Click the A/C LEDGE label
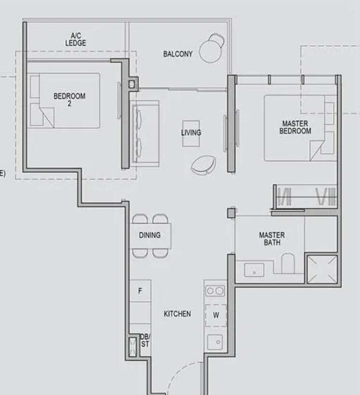(x=76, y=39)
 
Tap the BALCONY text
(x=178, y=54)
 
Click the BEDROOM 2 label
(x=69, y=100)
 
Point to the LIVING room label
(x=191, y=133)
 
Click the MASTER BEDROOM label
(x=295, y=127)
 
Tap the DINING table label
(x=150, y=235)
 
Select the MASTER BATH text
(x=272, y=239)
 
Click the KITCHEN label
(x=177, y=314)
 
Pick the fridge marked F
(x=140, y=291)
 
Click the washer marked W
(x=216, y=315)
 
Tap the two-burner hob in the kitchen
(x=215, y=291)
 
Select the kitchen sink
(x=215, y=342)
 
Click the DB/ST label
(x=145, y=340)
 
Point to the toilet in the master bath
(x=288, y=264)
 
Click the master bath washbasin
(x=254, y=270)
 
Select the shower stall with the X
(x=322, y=269)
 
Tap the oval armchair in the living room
(x=203, y=165)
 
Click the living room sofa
(x=144, y=133)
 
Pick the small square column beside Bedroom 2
(x=132, y=84)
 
